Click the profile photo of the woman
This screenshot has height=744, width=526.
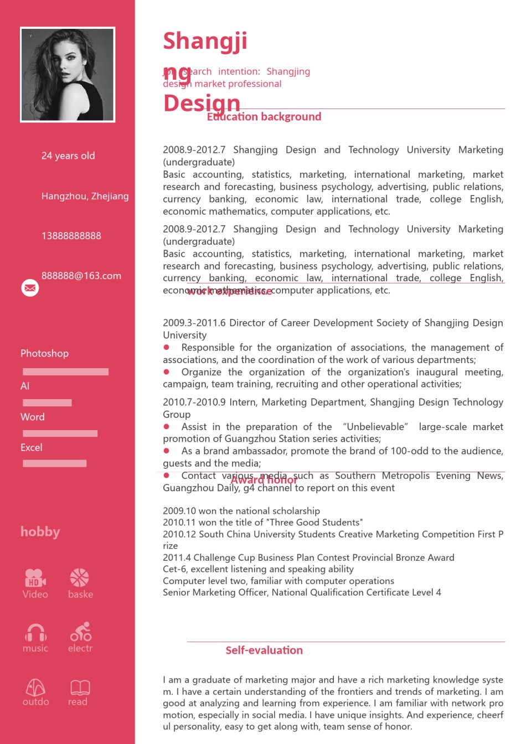68,74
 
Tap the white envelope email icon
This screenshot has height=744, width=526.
30,288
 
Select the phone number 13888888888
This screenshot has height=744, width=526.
71,236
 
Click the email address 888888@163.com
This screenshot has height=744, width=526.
81,276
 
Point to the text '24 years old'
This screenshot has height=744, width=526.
68,156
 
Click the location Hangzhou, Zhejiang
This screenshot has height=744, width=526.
85,196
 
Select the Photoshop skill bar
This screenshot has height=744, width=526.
65,372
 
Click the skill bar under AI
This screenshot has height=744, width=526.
47,402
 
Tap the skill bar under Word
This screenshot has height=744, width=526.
60,433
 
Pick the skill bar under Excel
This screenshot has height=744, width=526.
54,463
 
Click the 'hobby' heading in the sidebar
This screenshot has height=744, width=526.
40,532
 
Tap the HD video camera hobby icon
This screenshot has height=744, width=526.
35,578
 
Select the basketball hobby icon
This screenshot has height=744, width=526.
80,578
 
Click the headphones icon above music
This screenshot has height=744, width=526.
35,632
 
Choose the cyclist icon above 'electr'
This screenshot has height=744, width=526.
81,632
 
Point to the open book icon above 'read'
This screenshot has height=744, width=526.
80,687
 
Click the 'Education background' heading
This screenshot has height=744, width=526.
264,117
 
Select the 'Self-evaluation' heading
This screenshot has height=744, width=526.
264,650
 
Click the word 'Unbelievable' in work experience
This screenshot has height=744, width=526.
375,427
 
